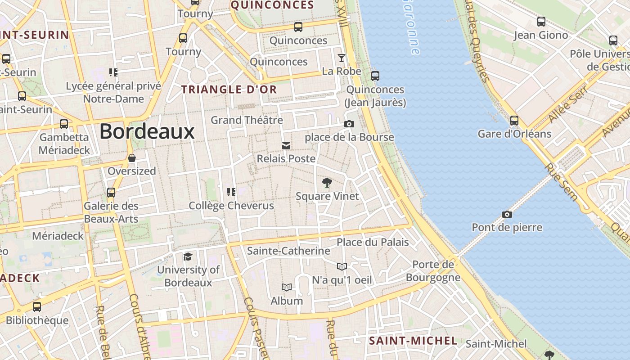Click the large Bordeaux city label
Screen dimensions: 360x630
(x=147, y=131)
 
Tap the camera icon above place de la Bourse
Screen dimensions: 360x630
(x=349, y=124)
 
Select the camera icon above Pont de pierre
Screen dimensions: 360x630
(x=507, y=214)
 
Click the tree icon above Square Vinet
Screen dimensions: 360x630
(x=327, y=183)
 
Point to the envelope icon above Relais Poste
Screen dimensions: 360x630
(x=286, y=146)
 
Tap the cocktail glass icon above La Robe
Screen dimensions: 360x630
(x=342, y=58)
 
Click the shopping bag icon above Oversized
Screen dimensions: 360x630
(x=132, y=158)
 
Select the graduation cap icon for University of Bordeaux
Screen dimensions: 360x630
(x=188, y=256)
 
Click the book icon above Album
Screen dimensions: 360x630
(x=286, y=287)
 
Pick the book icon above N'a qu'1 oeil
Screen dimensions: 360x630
(x=342, y=266)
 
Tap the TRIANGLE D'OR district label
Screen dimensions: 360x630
(x=229, y=90)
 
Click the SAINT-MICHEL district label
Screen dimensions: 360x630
(x=413, y=341)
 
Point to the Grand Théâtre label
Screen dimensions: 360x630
(x=247, y=120)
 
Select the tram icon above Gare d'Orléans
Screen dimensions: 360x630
(x=514, y=121)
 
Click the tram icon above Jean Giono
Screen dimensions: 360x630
(x=541, y=21)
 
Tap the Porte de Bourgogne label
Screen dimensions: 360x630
(x=433, y=271)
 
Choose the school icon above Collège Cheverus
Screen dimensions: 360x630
(x=231, y=193)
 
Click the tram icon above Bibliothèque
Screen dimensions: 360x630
(x=37, y=307)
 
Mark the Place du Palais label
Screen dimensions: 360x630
(x=373, y=242)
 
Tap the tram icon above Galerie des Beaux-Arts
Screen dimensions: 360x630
(x=111, y=193)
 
